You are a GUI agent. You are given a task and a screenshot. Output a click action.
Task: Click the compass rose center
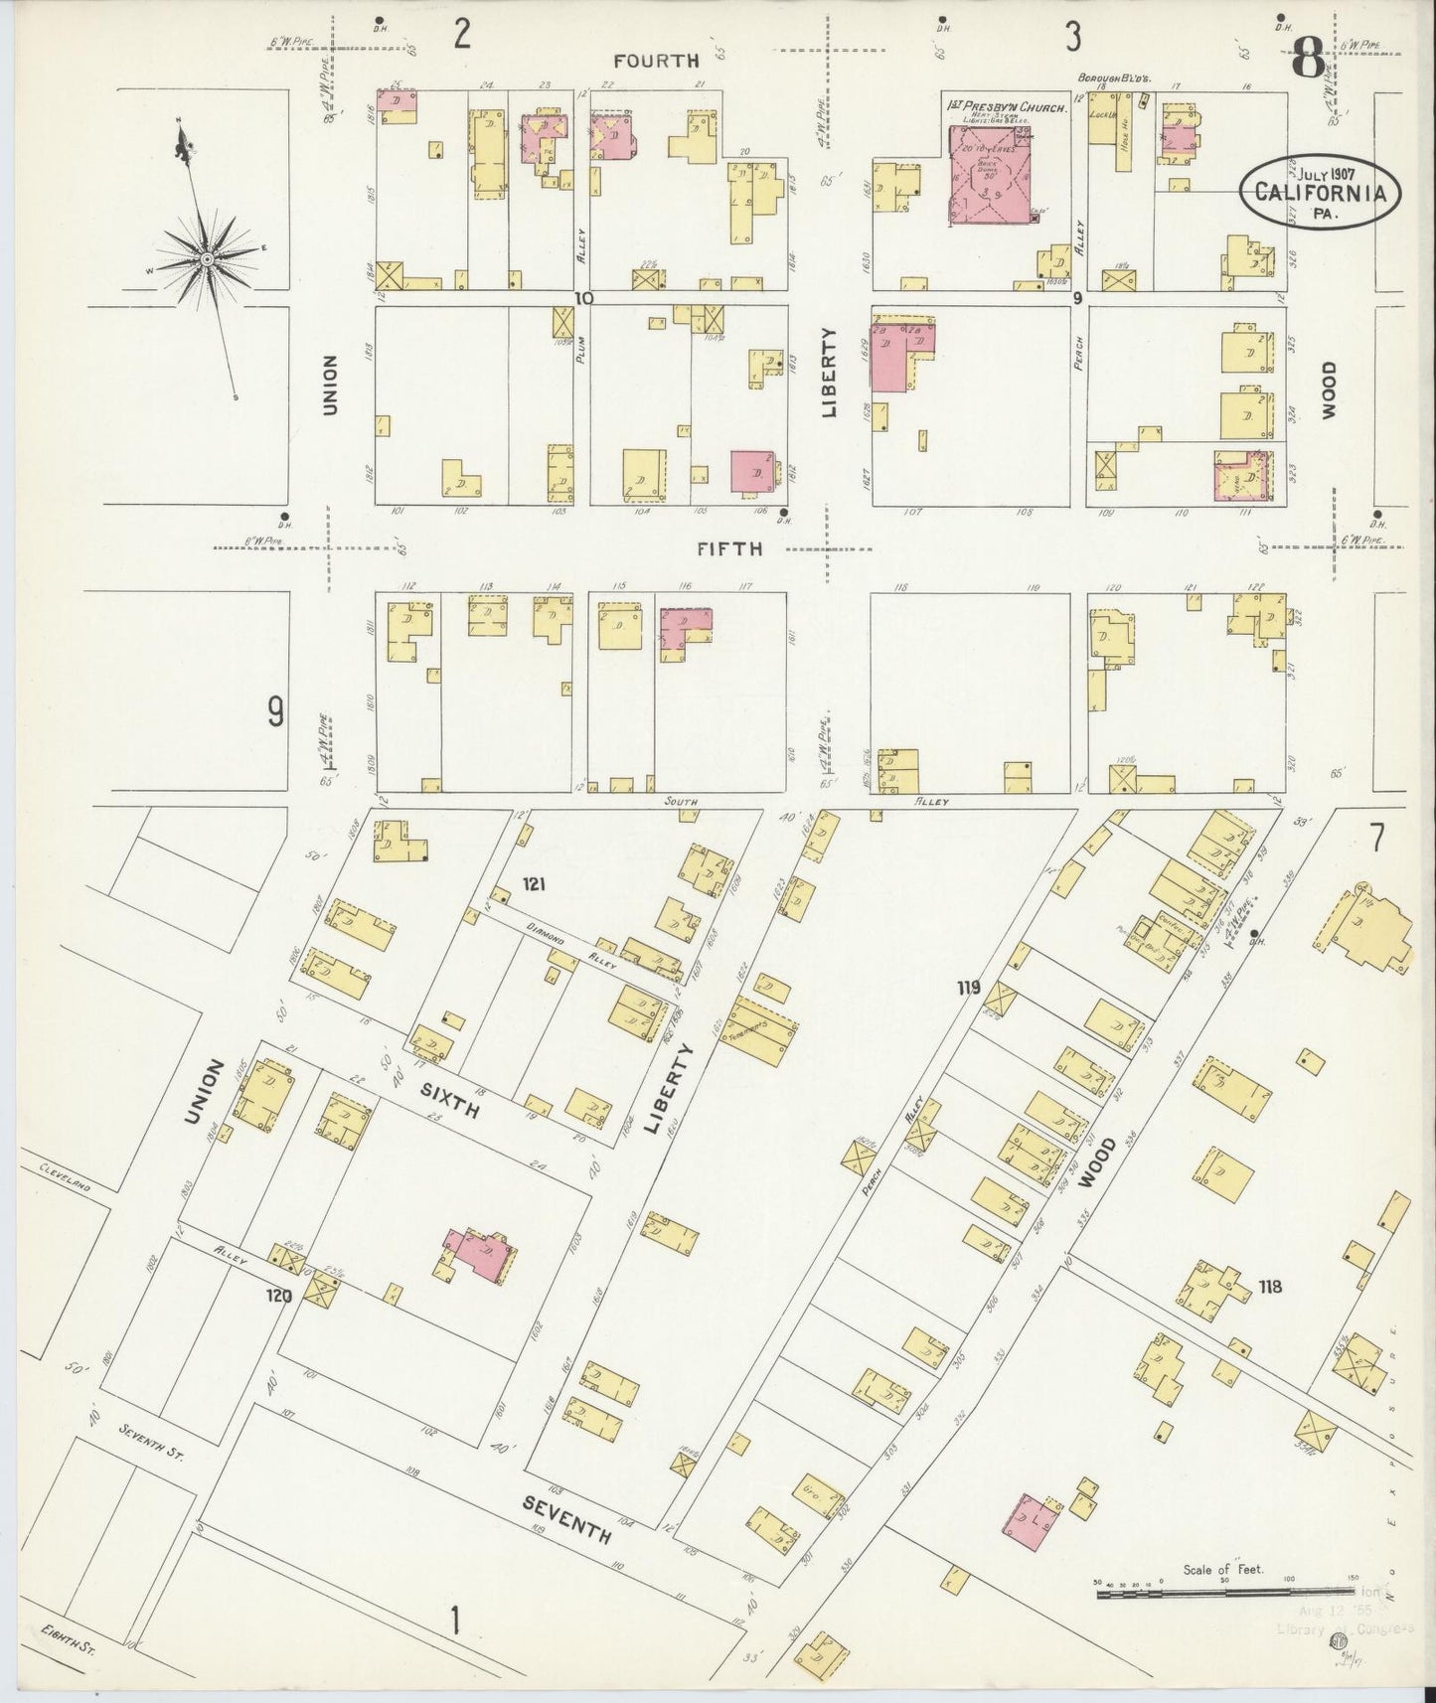click(207, 259)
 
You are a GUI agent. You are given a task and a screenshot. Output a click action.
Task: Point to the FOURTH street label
click(656, 61)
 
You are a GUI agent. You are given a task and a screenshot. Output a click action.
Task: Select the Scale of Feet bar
click(1221, 1594)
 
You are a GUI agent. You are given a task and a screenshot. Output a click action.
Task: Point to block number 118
click(1269, 1288)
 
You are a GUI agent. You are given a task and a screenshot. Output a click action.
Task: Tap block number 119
click(969, 987)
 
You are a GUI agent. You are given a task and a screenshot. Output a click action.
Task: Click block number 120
click(278, 1296)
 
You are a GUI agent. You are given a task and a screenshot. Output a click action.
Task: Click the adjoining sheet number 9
click(274, 711)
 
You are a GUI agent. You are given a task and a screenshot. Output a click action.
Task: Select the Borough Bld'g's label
click(1117, 78)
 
